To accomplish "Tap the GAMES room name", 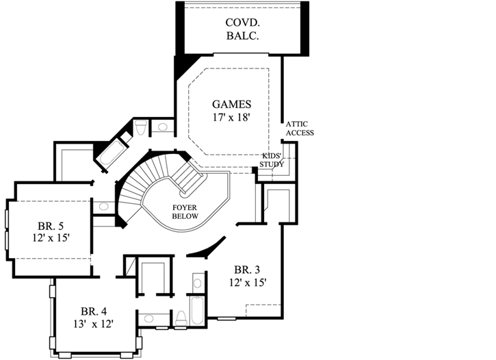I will click(x=232, y=105).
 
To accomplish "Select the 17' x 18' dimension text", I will click(x=232, y=118).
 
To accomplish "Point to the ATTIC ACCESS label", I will click(x=300, y=128).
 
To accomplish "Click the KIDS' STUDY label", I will click(x=272, y=160).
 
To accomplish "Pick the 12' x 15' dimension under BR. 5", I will click(x=51, y=237).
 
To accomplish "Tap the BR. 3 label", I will click(x=248, y=268).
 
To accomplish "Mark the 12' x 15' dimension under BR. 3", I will click(x=248, y=281).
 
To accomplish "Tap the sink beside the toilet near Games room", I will click(x=163, y=127).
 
